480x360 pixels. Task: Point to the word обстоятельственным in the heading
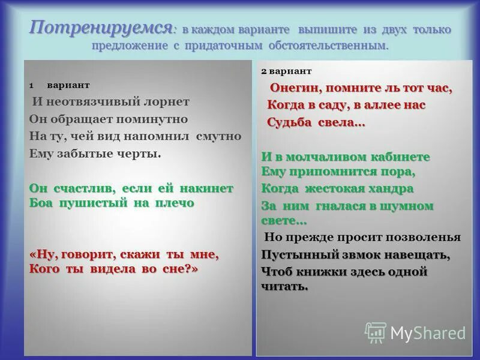coord(336,46)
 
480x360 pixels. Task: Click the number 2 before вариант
coord(264,71)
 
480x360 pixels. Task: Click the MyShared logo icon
coord(376,332)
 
